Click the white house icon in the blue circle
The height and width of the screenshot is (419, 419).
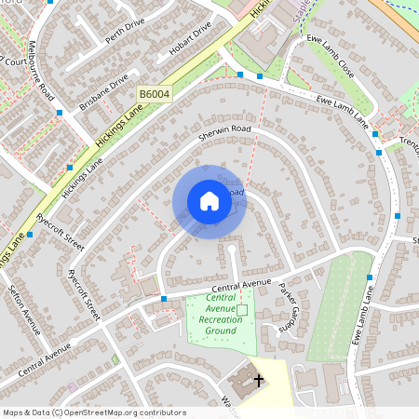click(x=209, y=201)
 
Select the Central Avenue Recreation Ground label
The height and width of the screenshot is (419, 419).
click(x=220, y=320)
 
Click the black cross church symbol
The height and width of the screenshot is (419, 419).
click(x=258, y=380)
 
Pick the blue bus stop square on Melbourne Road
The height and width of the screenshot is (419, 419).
click(x=60, y=113)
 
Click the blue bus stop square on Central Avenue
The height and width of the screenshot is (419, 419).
click(x=164, y=299)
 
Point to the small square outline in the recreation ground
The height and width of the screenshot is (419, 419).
click(x=243, y=308)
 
